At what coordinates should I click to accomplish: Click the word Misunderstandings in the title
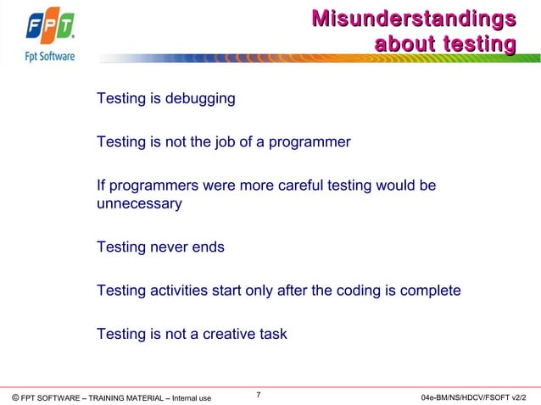[x=413, y=18]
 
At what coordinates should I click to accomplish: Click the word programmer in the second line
[x=310, y=141]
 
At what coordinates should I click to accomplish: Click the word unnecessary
[x=139, y=204]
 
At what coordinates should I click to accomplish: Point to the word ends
[x=209, y=247]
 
